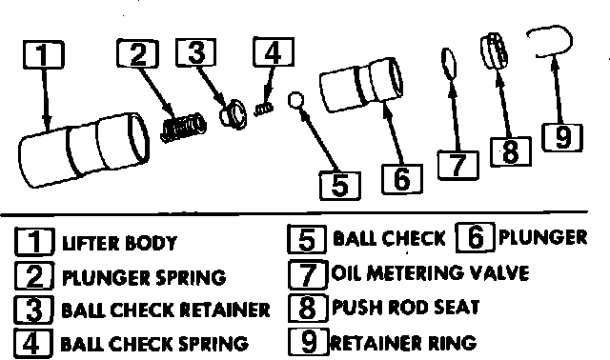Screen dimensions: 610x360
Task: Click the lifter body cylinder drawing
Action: (84, 150)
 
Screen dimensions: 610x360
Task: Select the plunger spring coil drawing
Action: (183, 128)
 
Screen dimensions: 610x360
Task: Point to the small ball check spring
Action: (264, 109)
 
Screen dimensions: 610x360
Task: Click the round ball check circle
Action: (295, 100)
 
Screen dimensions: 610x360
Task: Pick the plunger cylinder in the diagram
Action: (361, 85)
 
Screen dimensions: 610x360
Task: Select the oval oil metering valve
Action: (449, 64)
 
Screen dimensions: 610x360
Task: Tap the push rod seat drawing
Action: (494, 50)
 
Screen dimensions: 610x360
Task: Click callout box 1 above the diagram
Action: (43, 54)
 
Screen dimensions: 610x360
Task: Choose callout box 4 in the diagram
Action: (274, 51)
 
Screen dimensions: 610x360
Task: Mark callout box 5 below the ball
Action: (339, 186)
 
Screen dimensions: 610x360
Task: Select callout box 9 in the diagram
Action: (562, 137)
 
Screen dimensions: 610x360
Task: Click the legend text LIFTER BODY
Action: (119, 243)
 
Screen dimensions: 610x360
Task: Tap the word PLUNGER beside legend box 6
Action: (542, 237)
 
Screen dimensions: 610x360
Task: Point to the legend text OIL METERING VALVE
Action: (430, 272)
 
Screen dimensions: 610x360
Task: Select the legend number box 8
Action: (307, 308)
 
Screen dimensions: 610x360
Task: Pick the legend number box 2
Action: (34, 275)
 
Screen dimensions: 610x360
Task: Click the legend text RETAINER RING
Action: (403, 343)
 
